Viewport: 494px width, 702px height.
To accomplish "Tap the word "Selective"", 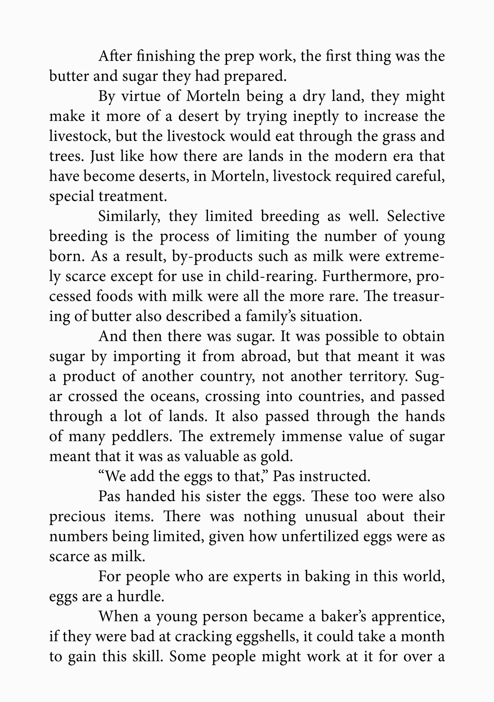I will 416,216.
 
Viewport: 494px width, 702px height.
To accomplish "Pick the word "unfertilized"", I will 320,537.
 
